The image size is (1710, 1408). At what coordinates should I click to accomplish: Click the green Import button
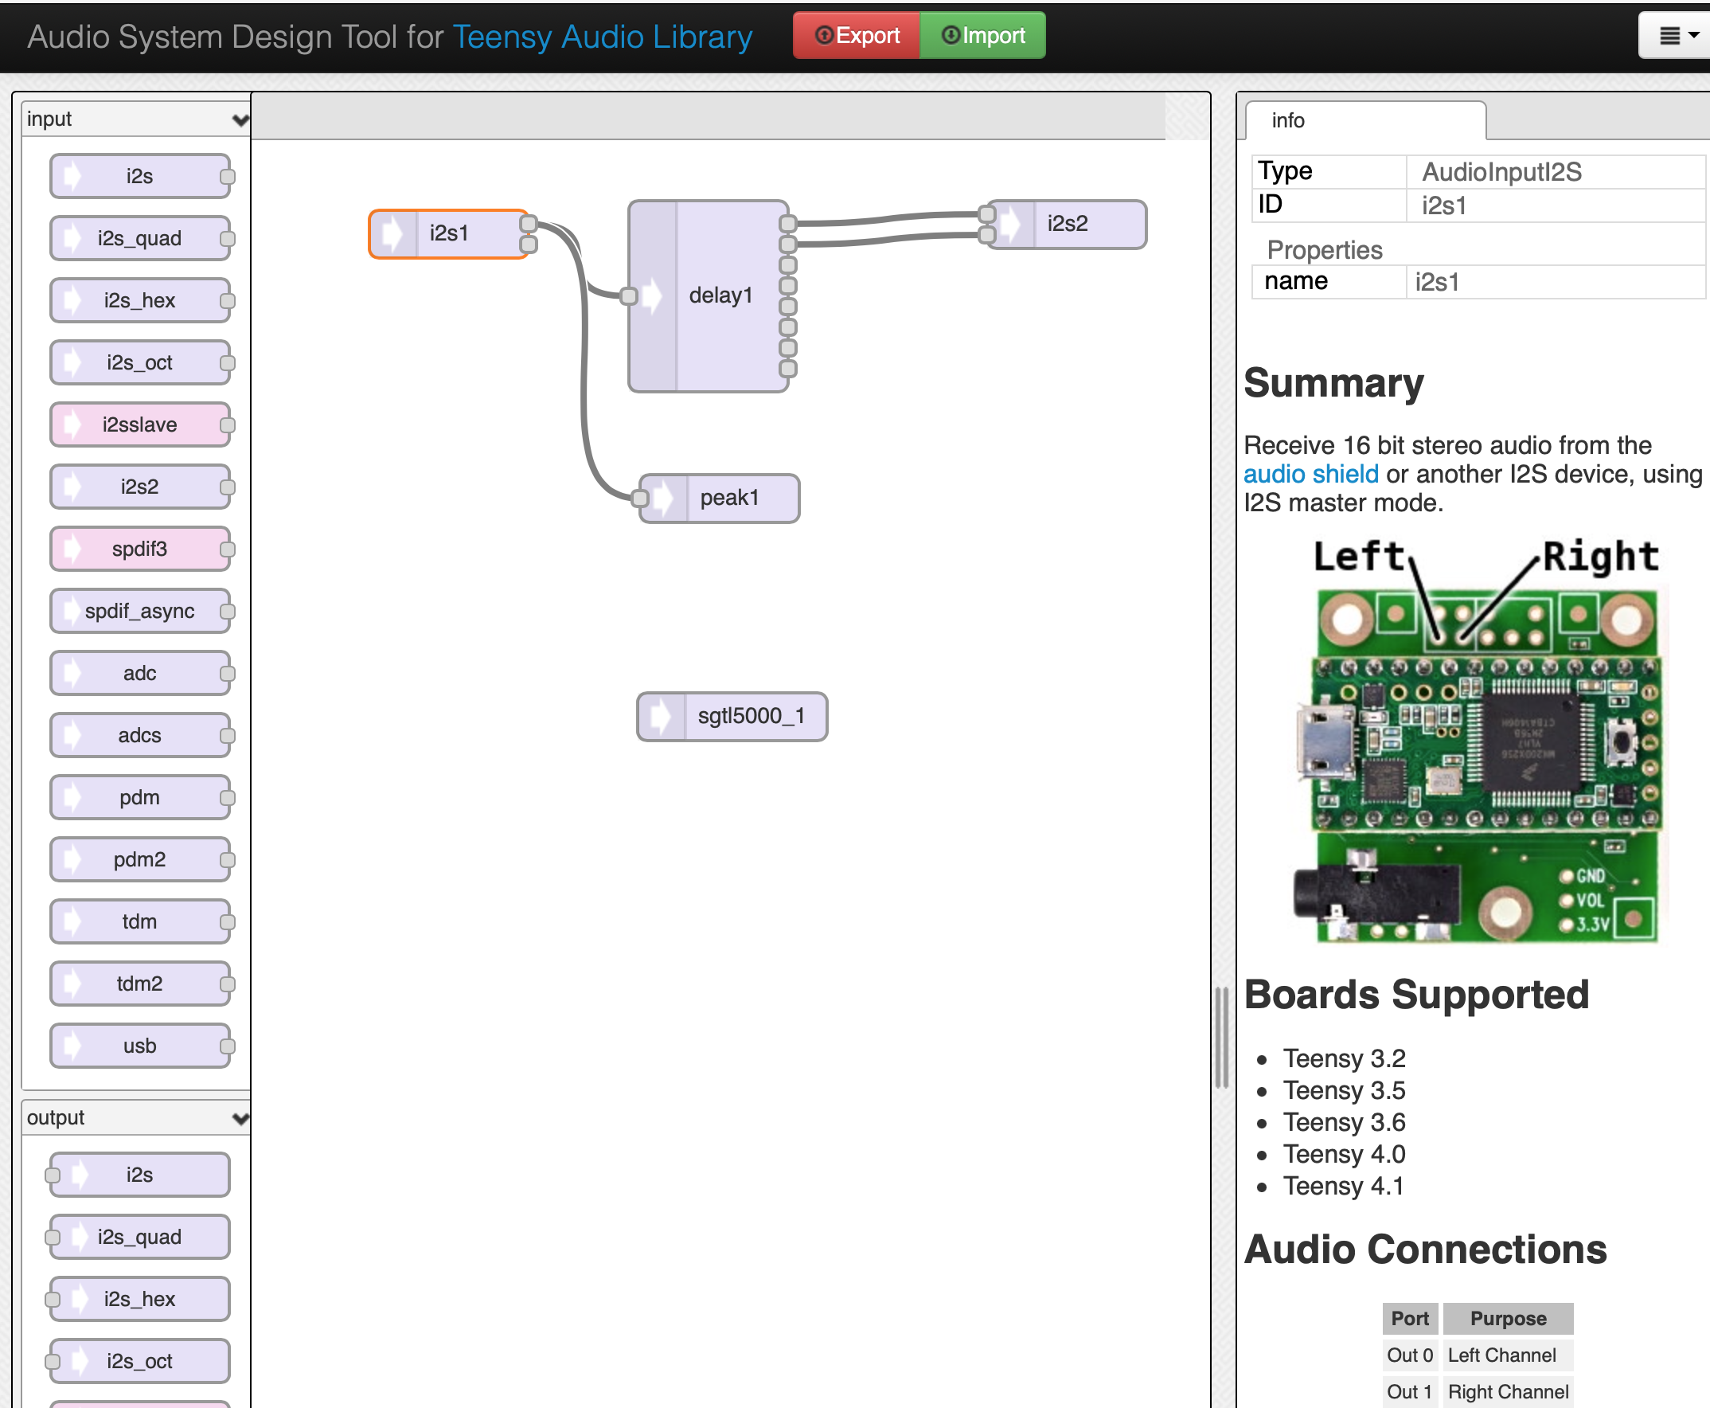(982, 36)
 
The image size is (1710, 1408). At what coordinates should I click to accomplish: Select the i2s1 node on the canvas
(449, 233)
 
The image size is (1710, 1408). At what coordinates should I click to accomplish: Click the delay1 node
(720, 296)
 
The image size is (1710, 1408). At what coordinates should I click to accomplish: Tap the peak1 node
(729, 498)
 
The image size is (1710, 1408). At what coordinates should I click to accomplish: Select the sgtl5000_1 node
(750, 716)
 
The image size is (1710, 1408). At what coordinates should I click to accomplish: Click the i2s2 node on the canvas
(1067, 224)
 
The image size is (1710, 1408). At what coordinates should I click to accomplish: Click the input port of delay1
(628, 296)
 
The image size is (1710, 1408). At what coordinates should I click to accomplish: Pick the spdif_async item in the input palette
(139, 611)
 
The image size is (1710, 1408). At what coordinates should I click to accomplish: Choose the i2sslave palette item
(139, 425)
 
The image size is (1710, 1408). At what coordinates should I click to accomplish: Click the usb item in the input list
(139, 1046)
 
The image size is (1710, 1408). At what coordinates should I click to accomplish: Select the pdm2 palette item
(139, 859)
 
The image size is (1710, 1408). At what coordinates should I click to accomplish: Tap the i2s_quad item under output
(139, 1237)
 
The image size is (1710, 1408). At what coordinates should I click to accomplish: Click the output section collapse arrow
(240, 1118)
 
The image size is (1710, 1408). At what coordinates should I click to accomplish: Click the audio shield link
(1310, 474)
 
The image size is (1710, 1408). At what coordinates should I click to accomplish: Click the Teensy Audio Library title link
(603, 37)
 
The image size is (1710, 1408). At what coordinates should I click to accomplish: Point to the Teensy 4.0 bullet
(1344, 1154)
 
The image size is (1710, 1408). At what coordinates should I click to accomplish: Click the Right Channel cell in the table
(1507, 1392)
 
